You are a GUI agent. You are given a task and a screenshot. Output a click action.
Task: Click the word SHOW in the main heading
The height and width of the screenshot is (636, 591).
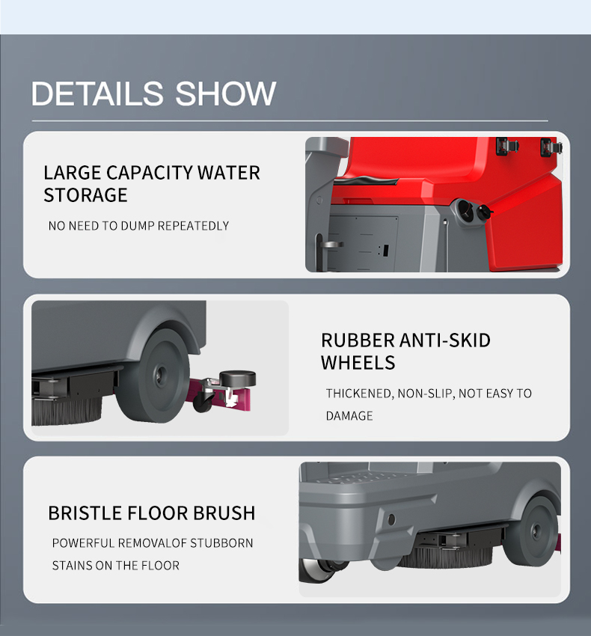pos(225,94)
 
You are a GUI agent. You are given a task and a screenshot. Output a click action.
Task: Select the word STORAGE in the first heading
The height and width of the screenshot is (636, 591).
pos(85,195)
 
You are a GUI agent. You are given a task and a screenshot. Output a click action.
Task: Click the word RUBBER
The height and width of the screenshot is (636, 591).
pos(357,340)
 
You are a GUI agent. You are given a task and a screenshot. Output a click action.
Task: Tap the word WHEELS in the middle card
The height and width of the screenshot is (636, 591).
pos(358,363)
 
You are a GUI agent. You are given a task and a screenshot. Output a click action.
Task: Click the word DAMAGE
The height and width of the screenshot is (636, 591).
pos(349,416)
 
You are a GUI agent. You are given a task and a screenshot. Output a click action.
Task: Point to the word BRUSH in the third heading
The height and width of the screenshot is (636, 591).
pos(224,513)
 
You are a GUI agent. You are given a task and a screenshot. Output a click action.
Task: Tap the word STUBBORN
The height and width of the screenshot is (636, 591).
pos(221,543)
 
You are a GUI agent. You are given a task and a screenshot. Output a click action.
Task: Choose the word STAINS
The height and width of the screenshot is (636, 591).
pos(72,566)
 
